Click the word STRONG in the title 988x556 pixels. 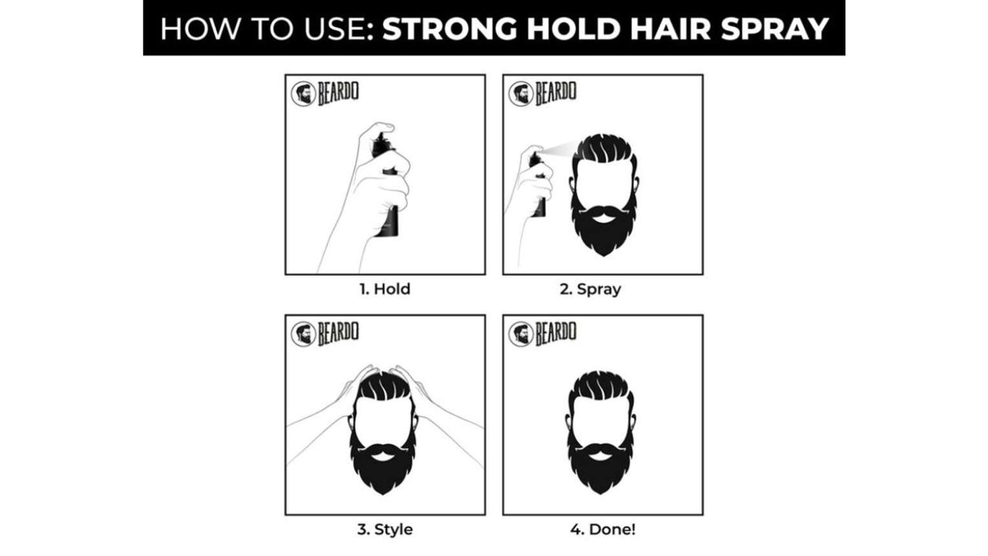pos(450,28)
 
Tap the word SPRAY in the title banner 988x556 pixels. pos(775,28)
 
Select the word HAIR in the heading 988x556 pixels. pos(671,28)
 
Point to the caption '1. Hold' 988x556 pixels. pos(384,289)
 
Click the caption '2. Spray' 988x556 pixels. pos(590,290)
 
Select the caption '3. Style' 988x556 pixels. pos(384,529)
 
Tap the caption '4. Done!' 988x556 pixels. pos(602,529)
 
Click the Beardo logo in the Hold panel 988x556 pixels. pos(324,94)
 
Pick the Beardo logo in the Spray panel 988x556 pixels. pos(542,94)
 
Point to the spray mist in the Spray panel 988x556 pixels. pos(560,149)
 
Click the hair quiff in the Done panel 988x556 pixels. pos(600,386)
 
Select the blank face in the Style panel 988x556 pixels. pos(383,422)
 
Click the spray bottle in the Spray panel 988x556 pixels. pos(538,186)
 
